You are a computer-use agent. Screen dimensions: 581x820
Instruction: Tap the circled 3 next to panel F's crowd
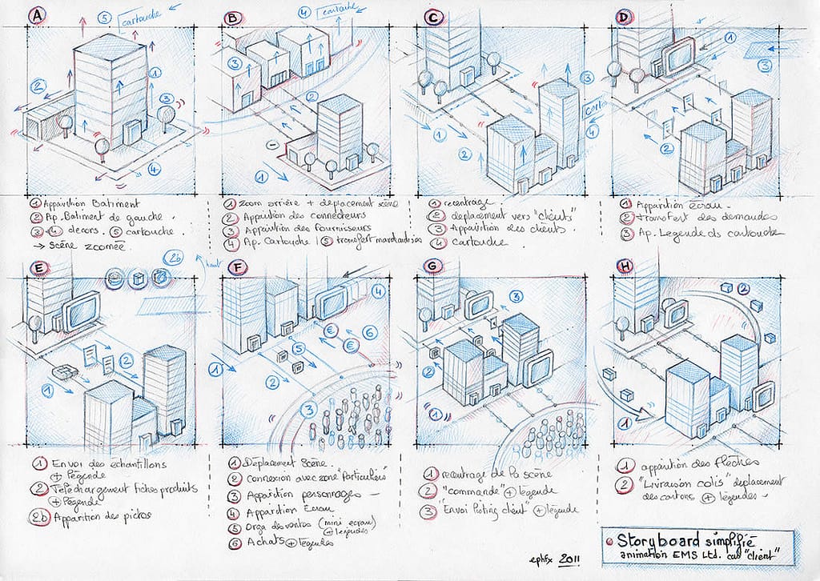tap(307, 410)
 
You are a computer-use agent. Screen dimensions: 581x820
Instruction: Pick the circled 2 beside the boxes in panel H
tap(744, 289)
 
